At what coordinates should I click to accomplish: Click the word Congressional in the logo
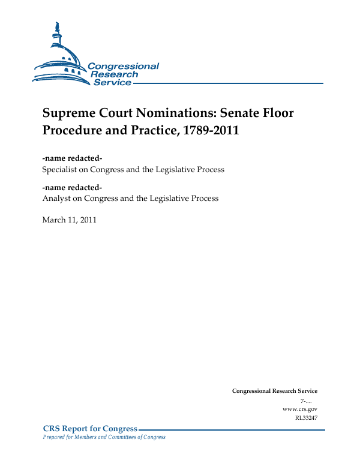coord(124,66)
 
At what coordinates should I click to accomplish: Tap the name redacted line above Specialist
coord(72,158)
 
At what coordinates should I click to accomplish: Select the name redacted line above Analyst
coord(72,187)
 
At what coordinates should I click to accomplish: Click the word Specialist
coord(62,170)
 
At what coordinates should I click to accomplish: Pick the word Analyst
coord(56,199)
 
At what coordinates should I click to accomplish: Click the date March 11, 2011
coord(69,220)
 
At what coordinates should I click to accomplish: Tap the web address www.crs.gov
coord(299,408)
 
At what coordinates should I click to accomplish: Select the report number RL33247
coord(306,417)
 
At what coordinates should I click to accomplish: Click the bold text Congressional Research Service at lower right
coord(274,391)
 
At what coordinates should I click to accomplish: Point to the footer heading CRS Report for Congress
coord(90,428)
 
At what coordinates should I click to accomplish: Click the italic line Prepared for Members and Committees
coord(104,437)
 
